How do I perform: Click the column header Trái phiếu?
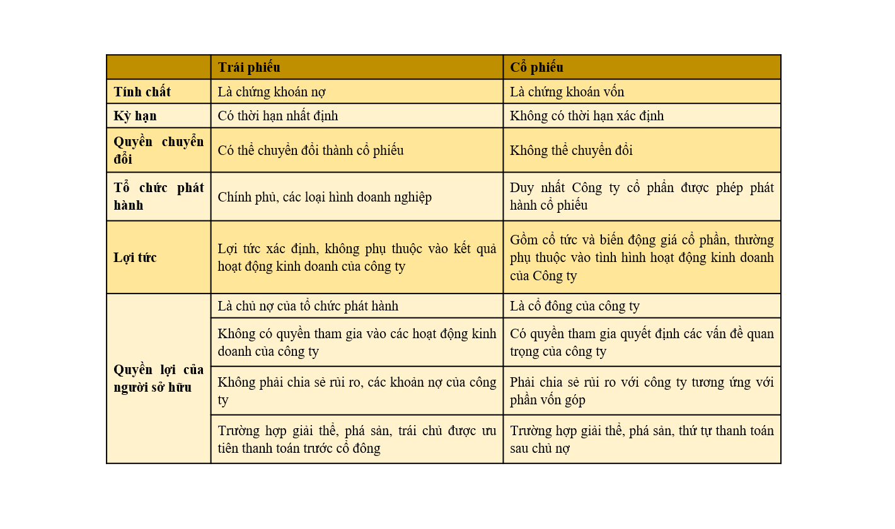point(249,67)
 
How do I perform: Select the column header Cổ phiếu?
point(536,67)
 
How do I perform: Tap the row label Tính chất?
point(142,92)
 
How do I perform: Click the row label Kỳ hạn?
point(136,117)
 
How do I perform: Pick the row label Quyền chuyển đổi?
point(158,151)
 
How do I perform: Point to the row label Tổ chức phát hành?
point(158,196)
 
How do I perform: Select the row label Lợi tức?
point(136,258)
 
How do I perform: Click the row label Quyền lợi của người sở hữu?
point(158,378)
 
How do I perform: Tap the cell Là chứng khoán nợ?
point(272,92)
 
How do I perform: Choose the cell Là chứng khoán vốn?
point(567,92)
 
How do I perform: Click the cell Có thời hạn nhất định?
point(278,117)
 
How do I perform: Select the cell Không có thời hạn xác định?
point(587,117)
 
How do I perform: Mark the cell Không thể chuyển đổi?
point(571,151)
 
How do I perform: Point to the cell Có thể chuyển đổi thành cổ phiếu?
point(311,151)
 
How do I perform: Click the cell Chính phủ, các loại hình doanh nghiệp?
point(325,197)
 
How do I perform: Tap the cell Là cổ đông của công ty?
point(575,307)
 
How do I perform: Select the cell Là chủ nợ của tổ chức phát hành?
point(308,307)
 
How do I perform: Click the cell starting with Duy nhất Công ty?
point(642,196)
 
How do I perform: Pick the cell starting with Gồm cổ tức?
point(642,258)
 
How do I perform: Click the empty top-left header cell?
point(158,67)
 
